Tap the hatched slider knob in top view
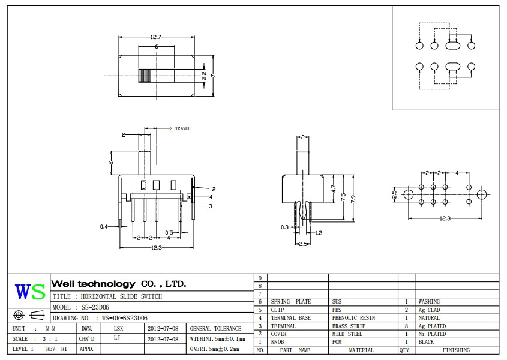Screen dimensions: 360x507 click(145, 76)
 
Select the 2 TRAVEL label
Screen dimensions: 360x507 click(179, 128)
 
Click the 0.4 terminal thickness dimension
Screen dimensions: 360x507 click(104, 227)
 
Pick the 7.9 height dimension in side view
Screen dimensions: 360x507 click(355, 199)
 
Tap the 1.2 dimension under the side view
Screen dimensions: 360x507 click(319, 232)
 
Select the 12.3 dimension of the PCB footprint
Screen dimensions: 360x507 click(445, 218)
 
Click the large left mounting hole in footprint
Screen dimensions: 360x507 click(408, 194)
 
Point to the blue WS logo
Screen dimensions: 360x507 click(30, 292)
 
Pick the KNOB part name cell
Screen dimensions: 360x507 click(277, 342)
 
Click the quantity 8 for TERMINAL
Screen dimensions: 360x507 click(406, 326)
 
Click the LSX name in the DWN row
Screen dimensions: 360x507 click(119, 329)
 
